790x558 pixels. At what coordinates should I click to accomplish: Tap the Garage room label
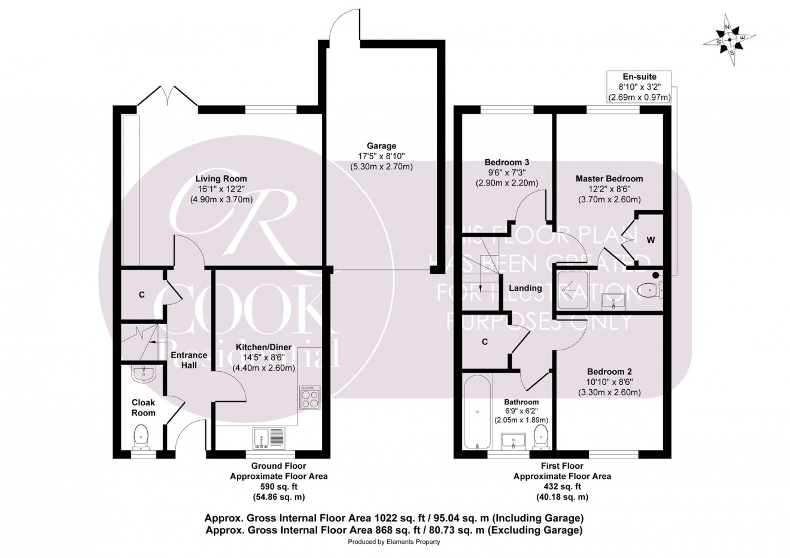[x=381, y=145]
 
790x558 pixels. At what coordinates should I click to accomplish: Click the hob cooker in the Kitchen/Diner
[x=311, y=398]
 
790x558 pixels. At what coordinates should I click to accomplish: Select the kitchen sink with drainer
[x=269, y=438]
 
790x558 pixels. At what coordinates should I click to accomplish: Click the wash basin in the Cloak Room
[x=144, y=373]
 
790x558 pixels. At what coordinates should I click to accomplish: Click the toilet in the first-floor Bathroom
[x=540, y=438]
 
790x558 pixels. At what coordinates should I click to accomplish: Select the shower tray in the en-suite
[x=573, y=290]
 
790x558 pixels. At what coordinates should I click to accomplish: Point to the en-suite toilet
[x=651, y=290]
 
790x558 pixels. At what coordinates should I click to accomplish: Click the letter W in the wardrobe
[x=651, y=240]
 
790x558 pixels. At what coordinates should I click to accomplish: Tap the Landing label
[x=525, y=288]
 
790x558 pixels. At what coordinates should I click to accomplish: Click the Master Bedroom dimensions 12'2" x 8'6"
[x=609, y=189]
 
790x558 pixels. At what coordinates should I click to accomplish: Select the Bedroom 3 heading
[x=507, y=162]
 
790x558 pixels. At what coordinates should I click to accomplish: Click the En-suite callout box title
[x=639, y=77]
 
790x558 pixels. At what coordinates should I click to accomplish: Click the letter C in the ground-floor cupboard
[x=142, y=295]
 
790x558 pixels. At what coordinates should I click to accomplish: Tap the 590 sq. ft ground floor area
[x=279, y=487]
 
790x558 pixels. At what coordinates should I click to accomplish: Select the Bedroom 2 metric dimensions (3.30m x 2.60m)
[x=609, y=392]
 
